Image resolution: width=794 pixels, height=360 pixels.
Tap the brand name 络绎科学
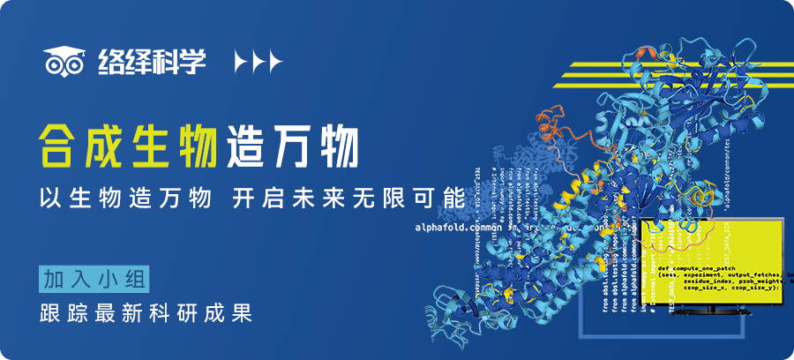pyautogui.click(x=148, y=61)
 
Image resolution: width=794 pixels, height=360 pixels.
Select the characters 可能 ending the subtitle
pyautogui.click(x=440, y=198)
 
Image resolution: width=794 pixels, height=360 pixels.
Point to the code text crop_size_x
pyautogui.click(x=683, y=287)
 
